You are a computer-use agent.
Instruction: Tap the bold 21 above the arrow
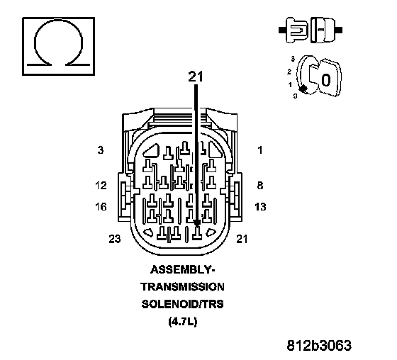(196, 77)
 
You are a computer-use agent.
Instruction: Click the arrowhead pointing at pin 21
(197, 223)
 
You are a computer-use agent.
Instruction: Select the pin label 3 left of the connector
(101, 150)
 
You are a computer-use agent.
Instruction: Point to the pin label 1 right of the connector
(260, 150)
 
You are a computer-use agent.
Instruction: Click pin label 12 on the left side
(101, 186)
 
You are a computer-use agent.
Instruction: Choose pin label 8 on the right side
(260, 186)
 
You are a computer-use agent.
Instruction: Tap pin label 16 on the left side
(101, 207)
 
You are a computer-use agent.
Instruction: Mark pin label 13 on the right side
(260, 207)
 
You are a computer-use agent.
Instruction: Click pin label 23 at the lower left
(115, 239)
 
